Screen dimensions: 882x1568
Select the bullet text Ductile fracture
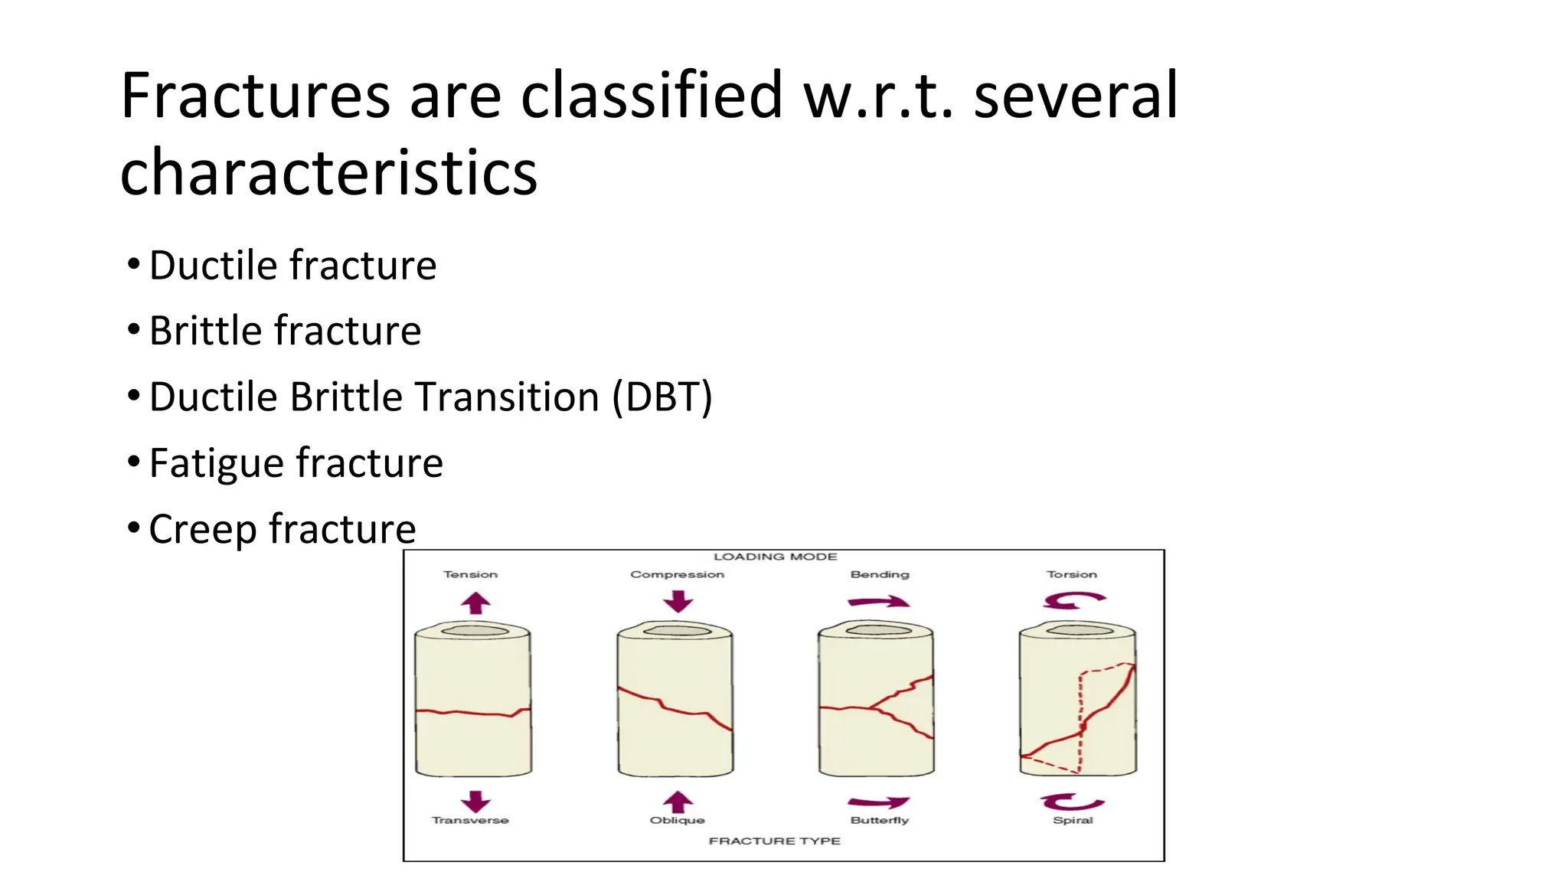click(x=292, y=266)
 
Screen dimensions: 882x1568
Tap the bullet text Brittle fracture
click(x=285, y=332)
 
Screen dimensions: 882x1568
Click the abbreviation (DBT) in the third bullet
click(x=662, y=397)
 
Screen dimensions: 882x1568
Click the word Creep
click(x=202, y=529)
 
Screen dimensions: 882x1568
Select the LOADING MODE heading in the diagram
click(x=775, y=557)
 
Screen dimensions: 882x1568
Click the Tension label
click(x=470, y=574)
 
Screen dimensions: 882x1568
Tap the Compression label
click(x=677, y=574)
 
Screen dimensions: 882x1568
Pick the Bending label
click(x=879, y=574)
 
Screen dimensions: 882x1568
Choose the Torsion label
click(x=1071, y=574)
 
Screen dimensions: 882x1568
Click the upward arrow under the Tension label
click(x=475, y=603)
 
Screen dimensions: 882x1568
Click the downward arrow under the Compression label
click(x=678, y=601)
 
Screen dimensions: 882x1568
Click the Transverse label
click(x=470, y=820)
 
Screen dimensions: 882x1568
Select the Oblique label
click(x=677, y=820)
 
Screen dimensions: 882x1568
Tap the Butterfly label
click(x=879, y=820)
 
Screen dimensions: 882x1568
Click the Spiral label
click(x=1073, y=820)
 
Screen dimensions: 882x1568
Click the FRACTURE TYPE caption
click(x=774, y=841)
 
